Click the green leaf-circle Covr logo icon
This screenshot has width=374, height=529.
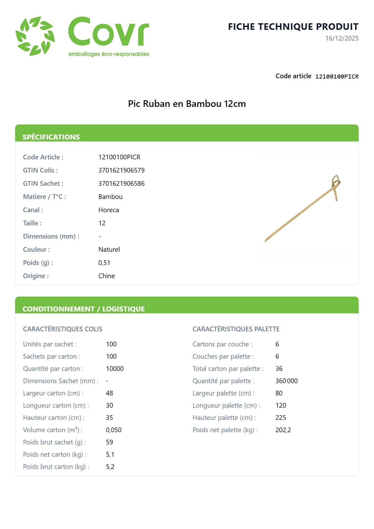[35, 36]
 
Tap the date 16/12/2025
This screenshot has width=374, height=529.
[342, 38]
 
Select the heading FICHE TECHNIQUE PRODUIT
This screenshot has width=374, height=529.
[293, 27]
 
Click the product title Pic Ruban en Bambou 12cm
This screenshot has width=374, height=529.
[187, 104]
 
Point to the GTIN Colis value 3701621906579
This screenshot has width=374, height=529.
[121, 170]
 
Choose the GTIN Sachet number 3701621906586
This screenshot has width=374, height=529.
[121, 184]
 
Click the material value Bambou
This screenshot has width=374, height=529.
[110, 197]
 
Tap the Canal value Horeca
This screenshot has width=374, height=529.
[108, 210]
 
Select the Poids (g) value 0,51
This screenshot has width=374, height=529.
[104, 263]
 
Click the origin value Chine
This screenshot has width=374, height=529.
[106, 276]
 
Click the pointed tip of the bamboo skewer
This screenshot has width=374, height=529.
[266, 241]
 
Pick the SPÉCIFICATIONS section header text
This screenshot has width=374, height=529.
[51, 137]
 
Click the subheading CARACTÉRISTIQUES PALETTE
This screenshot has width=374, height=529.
[236, 329]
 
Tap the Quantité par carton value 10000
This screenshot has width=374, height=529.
[115, 369]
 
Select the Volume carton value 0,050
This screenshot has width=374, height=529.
[113, 430]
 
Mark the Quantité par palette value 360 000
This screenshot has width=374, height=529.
[286, 381]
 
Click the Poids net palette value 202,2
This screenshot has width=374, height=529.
[283, 430]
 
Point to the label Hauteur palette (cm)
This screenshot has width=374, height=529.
[224, 418]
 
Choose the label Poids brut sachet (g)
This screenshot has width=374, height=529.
[54, 442]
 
